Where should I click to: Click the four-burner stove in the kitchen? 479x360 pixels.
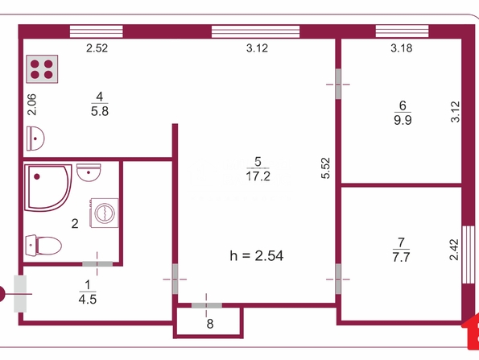[x=42, y=69]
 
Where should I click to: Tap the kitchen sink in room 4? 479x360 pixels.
[x=35, y=139]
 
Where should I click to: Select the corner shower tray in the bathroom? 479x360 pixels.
[x=48, y=188]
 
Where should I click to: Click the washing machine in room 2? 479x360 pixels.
[x=104, y=213]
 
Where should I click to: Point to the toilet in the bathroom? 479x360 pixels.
[x=43, y=245]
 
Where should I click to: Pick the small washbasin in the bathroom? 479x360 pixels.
[x=89, y=172]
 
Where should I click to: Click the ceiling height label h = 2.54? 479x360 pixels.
[x=257, y=256]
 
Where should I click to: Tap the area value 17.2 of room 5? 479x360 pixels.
[x=258, y=176]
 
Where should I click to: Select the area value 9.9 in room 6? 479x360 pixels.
[x=403, y=120]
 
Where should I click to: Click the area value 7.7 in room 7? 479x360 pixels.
[x=401, y=258]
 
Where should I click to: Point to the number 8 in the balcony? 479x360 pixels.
[x=210, y=324]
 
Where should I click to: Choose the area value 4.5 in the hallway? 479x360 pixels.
[x=88, y=300]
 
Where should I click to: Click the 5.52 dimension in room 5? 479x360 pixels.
[x=326, y=168]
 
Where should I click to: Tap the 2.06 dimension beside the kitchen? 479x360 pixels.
[x=31, y=105]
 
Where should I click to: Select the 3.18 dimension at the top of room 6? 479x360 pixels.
[x=402, y=48]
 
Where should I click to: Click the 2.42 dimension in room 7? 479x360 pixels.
[x=454, y=250]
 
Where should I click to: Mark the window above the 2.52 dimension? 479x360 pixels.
[x=97, y=31]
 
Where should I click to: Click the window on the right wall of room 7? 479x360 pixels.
[x=469, y=254]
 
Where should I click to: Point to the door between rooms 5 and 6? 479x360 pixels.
[x=338, y=84]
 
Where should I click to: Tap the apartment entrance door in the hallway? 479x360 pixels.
[x=20, y=294]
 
